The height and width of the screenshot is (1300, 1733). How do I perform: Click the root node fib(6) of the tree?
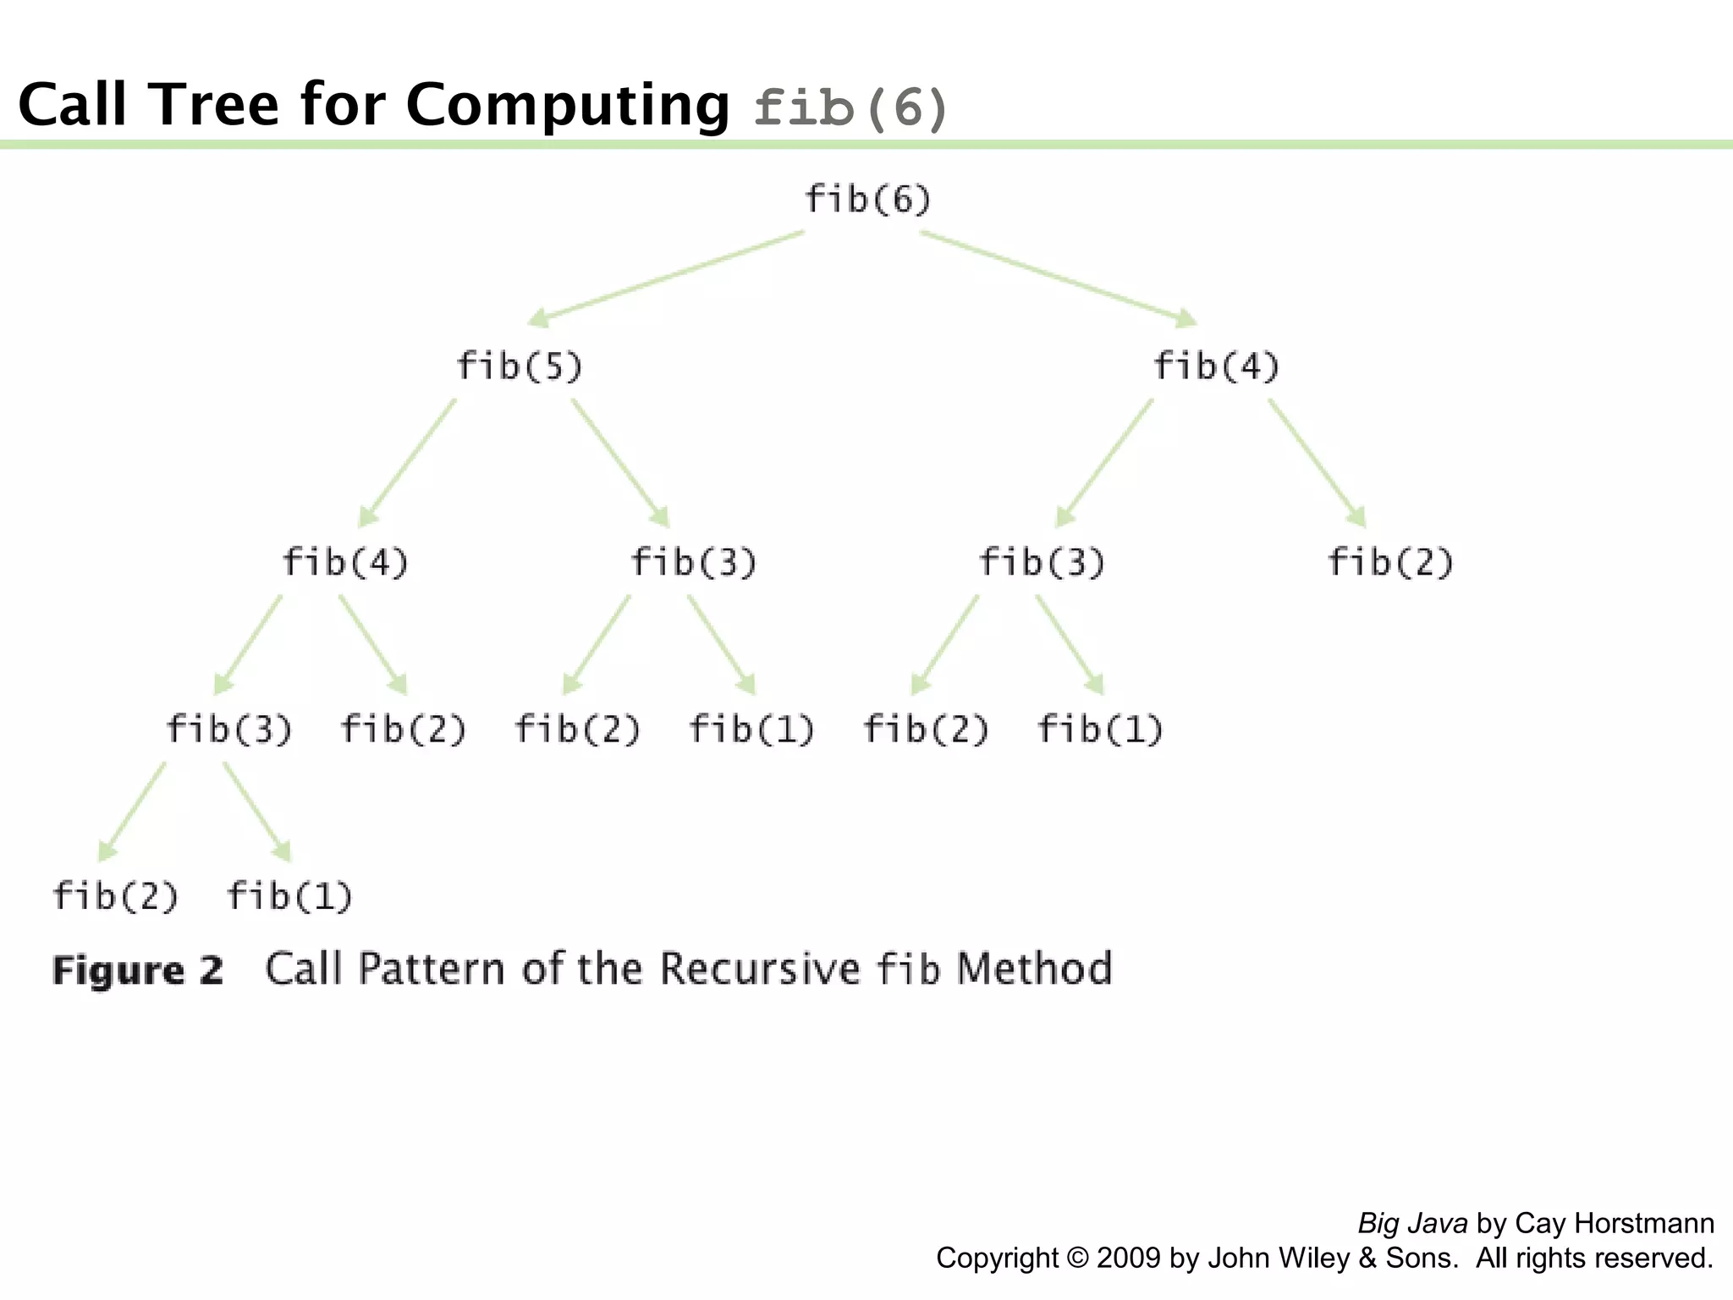(867, 200)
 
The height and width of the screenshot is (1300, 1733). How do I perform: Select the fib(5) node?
(520, 366)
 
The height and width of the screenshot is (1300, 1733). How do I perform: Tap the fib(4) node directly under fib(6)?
(1216, 366)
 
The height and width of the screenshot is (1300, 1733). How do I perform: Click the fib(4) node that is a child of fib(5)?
(345, 562)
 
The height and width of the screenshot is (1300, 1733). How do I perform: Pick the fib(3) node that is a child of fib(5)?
(694, 562)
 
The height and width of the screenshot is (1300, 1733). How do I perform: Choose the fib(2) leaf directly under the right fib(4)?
(1390, 562)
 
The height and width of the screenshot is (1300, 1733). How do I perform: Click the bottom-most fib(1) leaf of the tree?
(289, 896)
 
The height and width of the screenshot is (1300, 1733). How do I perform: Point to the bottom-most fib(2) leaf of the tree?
(116, 896)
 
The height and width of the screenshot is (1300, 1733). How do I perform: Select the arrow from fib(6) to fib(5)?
(666, 278)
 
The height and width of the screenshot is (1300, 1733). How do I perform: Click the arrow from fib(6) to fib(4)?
(1058, 278)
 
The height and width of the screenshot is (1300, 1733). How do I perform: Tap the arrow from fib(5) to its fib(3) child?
(620, 462)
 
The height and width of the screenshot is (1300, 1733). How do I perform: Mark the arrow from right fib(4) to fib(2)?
(1317, 462)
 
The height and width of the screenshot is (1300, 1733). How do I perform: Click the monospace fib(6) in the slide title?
(850, 108)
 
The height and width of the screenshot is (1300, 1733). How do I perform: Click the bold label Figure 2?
(138, 970)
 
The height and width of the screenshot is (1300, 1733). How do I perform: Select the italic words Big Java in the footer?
(1412, 1223)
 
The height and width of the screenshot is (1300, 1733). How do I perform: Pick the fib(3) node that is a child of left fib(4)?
(229, 729)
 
